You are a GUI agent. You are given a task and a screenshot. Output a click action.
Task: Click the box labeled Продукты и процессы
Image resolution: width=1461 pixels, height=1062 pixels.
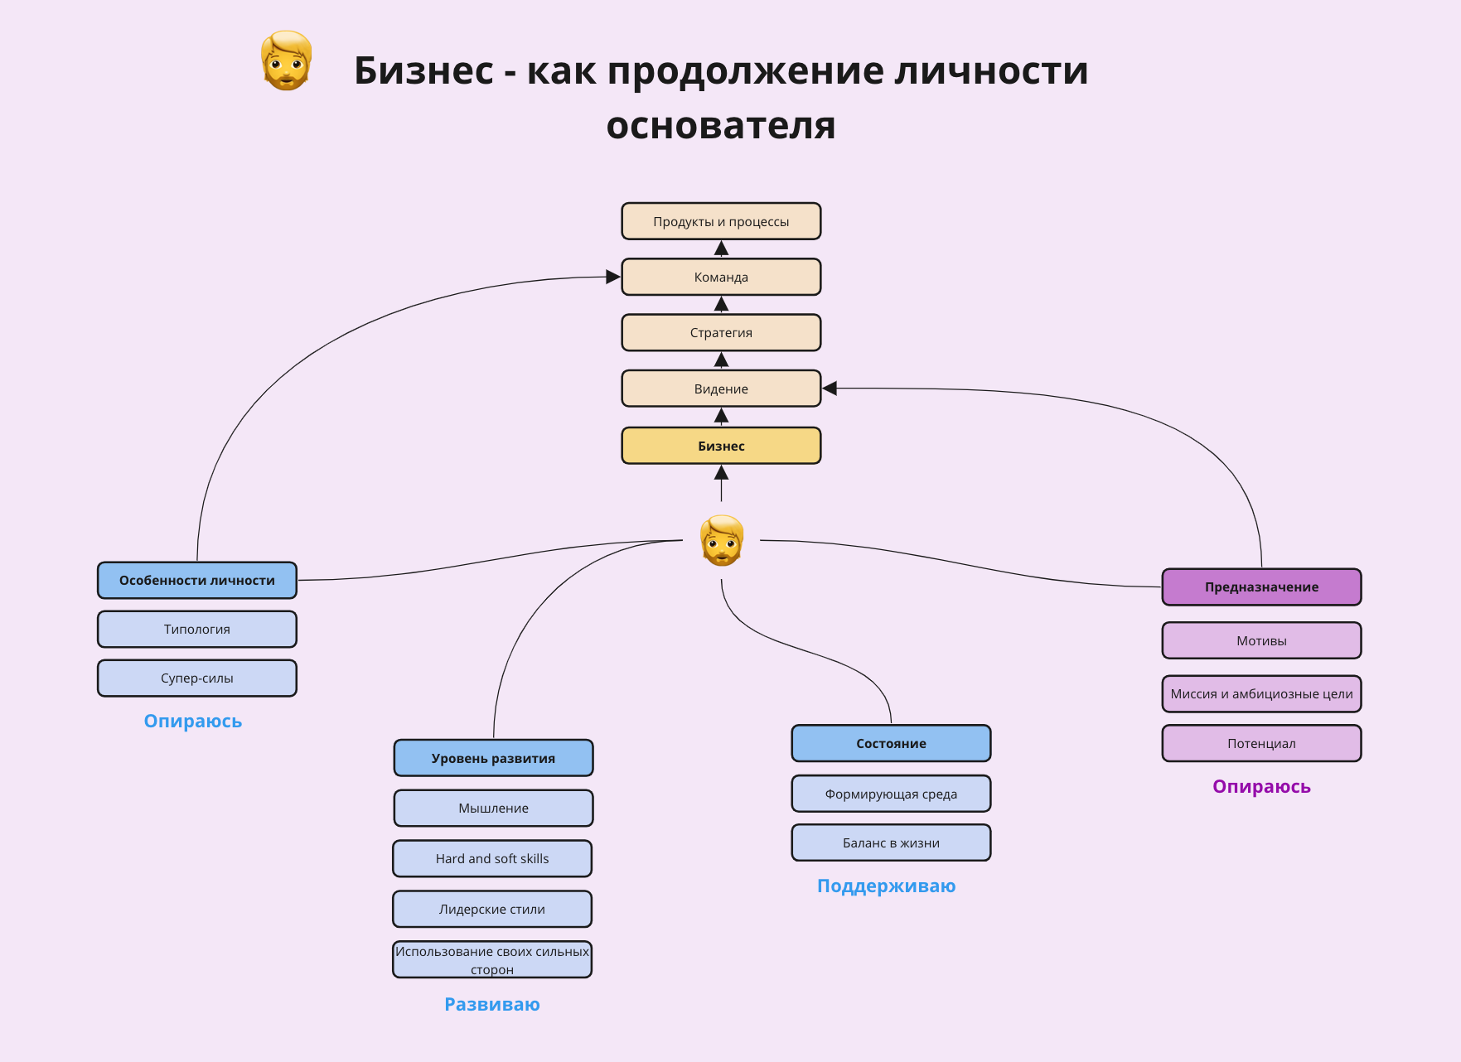(x=721, y=221)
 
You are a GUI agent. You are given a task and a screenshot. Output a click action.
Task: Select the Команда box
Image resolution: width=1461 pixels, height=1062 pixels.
(x=721, y=277)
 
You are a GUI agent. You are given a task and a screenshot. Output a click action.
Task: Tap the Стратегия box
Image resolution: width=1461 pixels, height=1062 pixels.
(x=721, y=332)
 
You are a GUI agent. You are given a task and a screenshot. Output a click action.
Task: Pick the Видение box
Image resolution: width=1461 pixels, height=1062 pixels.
(x=721, y=389)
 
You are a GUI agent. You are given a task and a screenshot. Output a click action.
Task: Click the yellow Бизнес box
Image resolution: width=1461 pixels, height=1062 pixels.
(x=721, y=446)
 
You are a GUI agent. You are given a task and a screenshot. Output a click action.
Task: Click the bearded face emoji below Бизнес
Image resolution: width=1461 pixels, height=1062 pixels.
(x=722, y=540)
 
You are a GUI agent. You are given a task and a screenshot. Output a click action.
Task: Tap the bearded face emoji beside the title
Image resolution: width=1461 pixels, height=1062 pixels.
(x=286, y=60)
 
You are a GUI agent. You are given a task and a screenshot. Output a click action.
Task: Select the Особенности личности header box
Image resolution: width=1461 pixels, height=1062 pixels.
(x=197, y=580)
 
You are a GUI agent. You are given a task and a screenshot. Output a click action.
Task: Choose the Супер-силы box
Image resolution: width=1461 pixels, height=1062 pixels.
(x=197, y=678)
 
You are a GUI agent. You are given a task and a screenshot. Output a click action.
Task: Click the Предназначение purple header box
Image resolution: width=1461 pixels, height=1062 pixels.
(x=1261, y=587)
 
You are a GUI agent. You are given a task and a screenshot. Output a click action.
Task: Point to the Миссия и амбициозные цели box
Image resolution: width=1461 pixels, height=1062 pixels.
(x=1261, y=693)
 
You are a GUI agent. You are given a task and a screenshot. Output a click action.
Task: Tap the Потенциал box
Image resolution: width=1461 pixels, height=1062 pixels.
(x=1261, y=743)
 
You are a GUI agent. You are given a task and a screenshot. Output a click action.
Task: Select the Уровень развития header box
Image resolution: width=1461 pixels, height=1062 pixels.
(x=493, y=758)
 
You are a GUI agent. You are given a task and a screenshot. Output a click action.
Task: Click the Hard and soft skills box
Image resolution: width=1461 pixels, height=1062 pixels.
(x=492, y=858)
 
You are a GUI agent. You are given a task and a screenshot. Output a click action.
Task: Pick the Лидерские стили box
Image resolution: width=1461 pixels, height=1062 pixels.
(x=492, y=909)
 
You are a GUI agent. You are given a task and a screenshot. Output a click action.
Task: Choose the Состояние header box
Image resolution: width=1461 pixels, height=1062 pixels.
(x=891, y=743)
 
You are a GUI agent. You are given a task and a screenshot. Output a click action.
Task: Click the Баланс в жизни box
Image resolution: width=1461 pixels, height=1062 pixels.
(x=891, y=842)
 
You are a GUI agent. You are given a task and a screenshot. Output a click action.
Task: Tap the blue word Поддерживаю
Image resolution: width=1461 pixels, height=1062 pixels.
(x=886, y=886)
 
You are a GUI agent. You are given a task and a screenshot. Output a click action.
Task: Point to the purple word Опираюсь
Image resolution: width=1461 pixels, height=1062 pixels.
(x=1261, y=786)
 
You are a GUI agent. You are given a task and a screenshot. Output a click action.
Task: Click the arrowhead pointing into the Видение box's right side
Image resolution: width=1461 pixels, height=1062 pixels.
(x=830, y=389)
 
